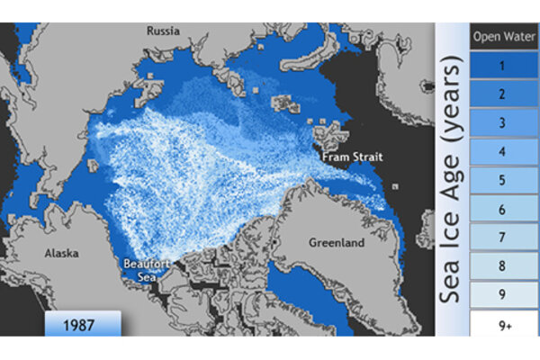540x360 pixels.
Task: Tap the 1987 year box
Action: coord(82,322)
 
